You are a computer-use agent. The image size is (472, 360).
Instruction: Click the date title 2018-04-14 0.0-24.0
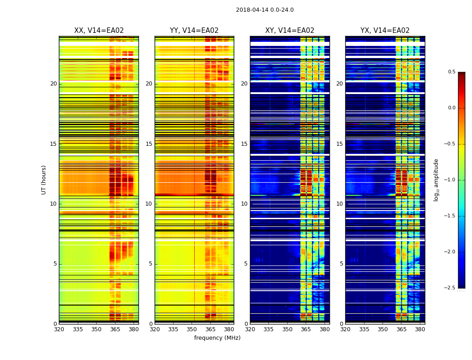pyautogui.click(x=265, y=10)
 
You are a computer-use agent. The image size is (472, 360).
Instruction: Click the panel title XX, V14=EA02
pyautogui.click(x=99, y=31)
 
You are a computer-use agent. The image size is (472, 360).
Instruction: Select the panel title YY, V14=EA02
pyautogui.click(x=194, y=31)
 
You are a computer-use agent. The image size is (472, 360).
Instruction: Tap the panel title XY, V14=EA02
pyautogui.click(x=289, y=31)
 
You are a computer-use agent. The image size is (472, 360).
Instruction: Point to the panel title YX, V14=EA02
pyautogui.click(x=385, y=31)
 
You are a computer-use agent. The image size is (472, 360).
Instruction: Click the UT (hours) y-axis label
pyautogui.click(x=44, y=180)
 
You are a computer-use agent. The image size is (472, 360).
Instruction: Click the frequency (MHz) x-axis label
pyautogui.click(x=217, y=338)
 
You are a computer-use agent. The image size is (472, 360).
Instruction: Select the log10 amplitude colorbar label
pyautogui.click(x=436, y=180)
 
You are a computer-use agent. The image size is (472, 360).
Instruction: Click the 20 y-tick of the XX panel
pyautogui.click(x=53, y=84)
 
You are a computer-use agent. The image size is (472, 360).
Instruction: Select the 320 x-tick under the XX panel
pyautogui.click(x=59, y=329)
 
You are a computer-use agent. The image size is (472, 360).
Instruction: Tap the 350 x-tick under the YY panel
pyautogui.click(x=192, y=329)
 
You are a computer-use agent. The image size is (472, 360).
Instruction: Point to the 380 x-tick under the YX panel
pyautogui.click(x=420, y=329)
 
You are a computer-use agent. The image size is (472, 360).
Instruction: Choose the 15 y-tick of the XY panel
pyautogui.click(x=244, y=144)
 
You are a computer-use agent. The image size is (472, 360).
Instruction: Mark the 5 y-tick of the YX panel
pyautogui.click(x=341, y=264)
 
